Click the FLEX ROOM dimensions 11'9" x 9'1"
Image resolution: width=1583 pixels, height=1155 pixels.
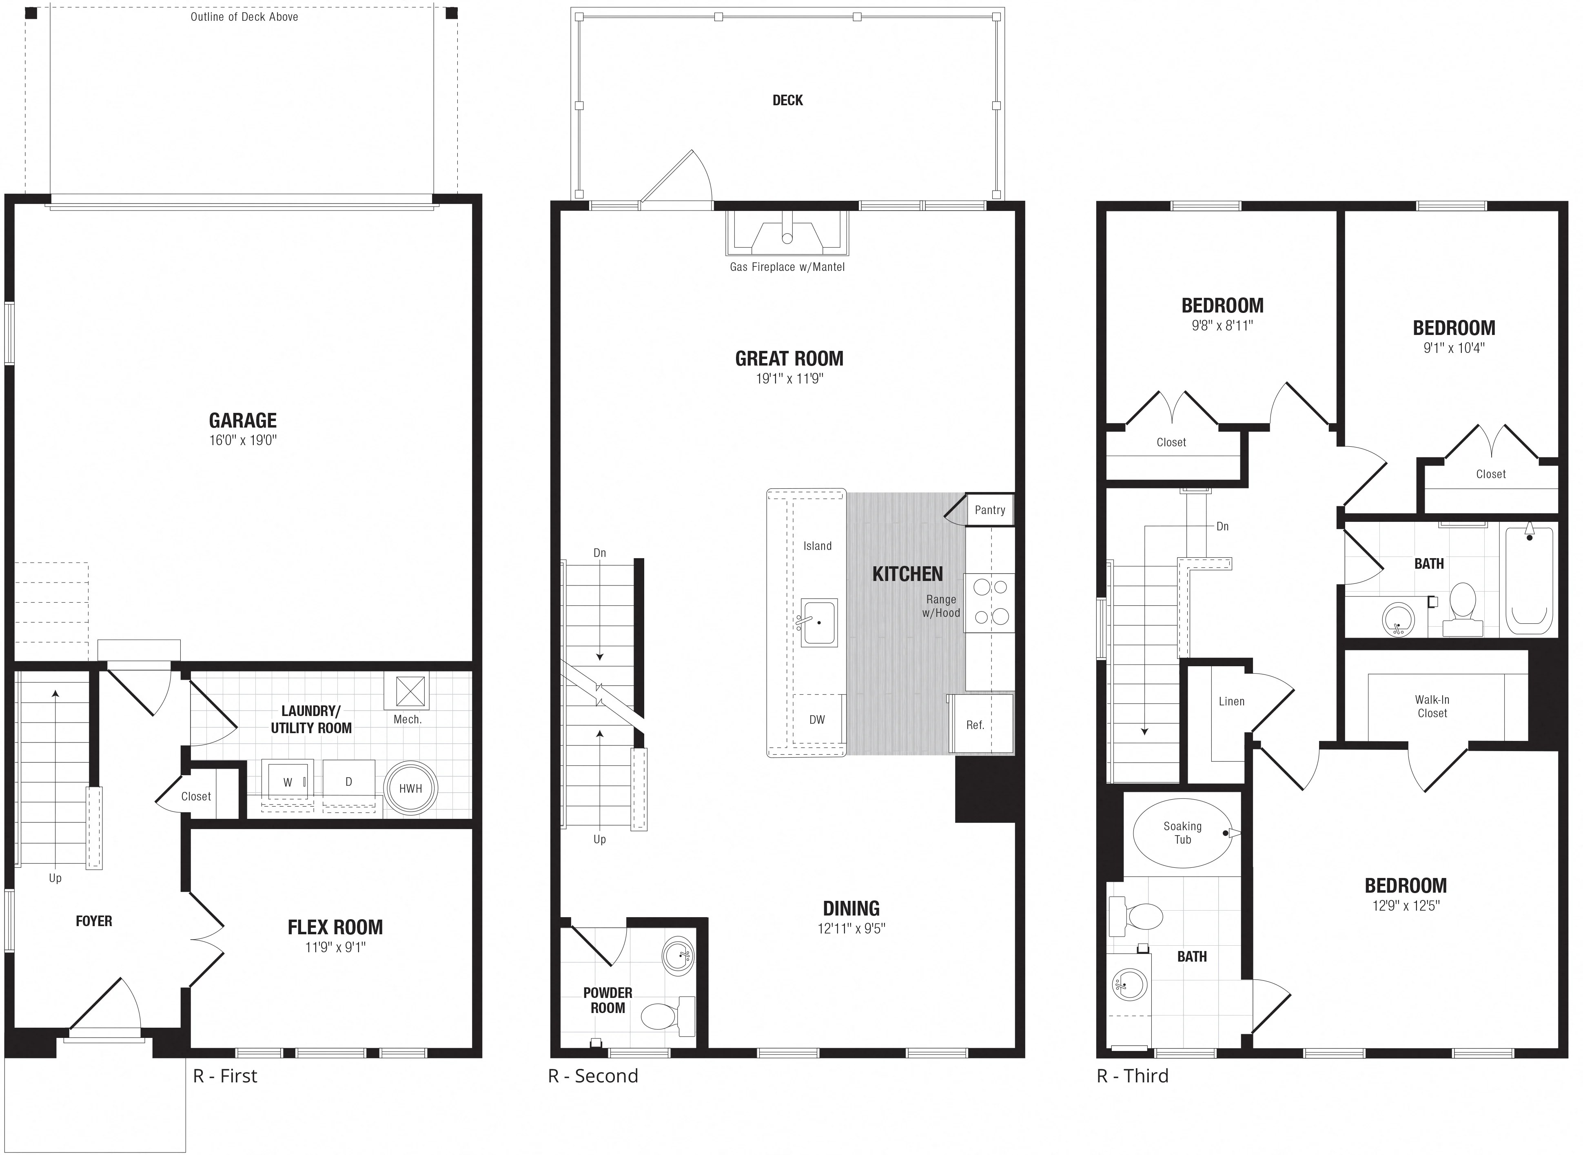coord(335,947)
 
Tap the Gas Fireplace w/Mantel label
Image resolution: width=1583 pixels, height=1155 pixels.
coord(787,267)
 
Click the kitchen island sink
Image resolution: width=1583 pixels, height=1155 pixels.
coord(819,622)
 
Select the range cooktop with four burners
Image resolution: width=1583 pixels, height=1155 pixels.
coord(989,603)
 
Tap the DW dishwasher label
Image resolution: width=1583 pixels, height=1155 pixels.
coord(817,719)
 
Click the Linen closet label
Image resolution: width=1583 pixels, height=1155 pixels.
coord(1231,701)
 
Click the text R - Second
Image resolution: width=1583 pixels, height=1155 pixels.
coord(593,1076)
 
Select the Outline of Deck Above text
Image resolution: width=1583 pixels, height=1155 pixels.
coord(244,17)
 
